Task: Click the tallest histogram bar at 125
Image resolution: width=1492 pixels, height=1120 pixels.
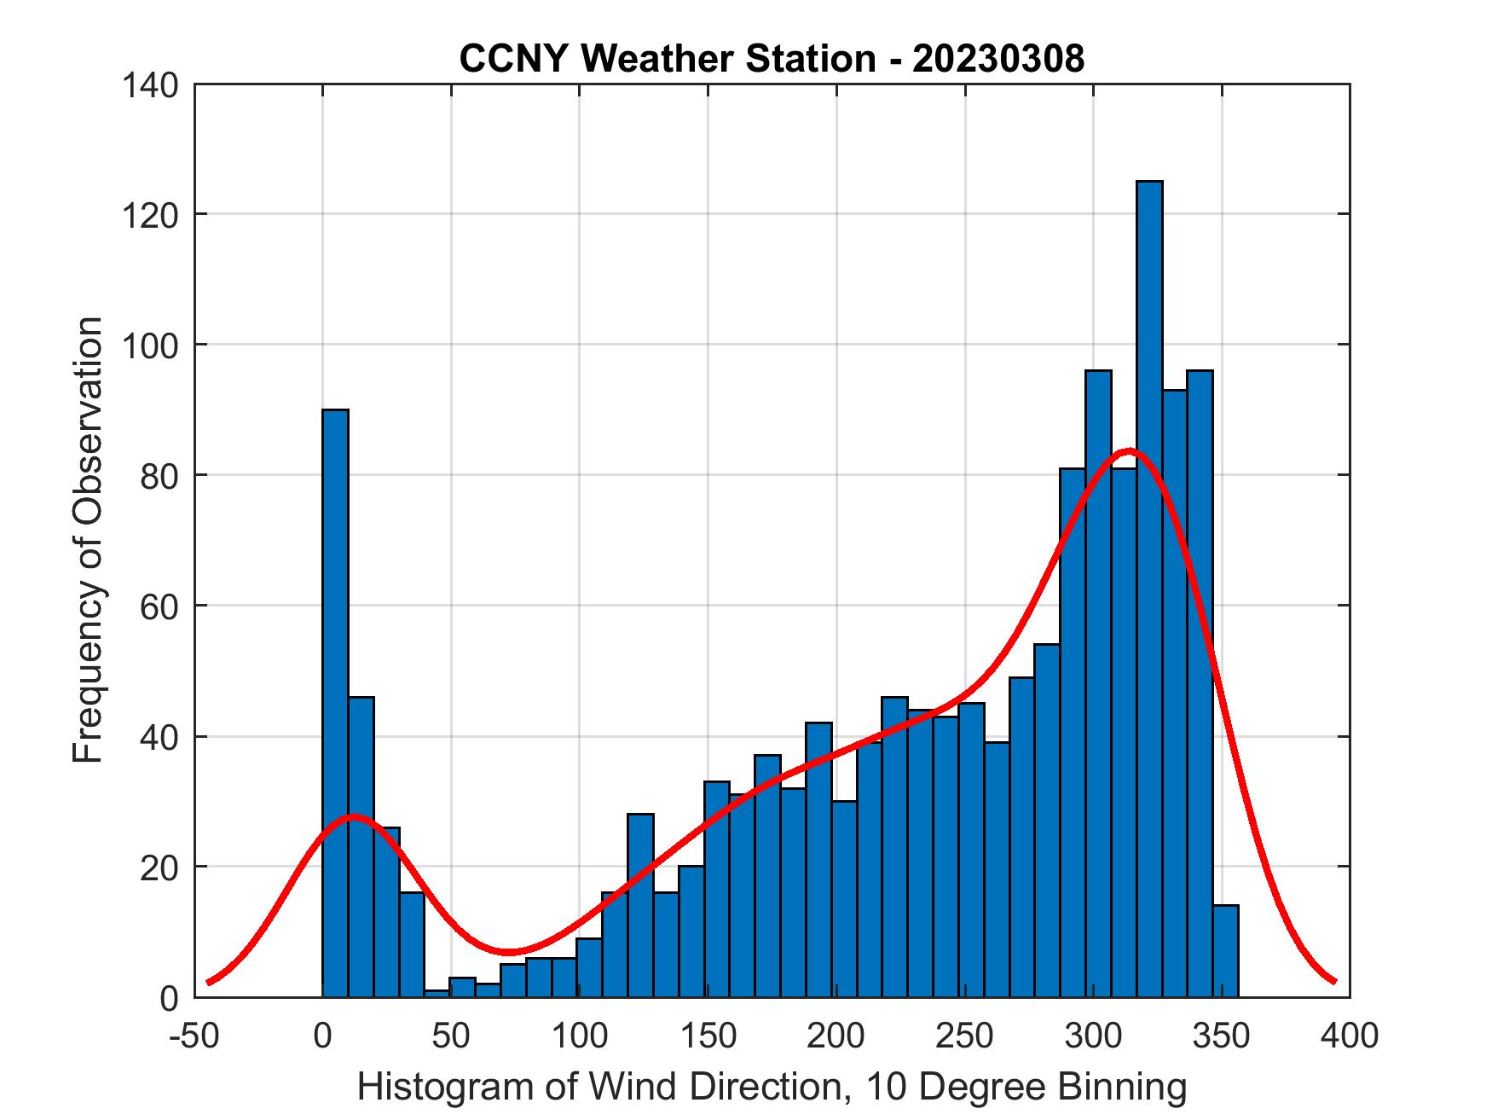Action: pyautogui.click(x=1149, y=589)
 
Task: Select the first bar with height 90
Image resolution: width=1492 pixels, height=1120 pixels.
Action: pyautogui.click(x=335, y=703)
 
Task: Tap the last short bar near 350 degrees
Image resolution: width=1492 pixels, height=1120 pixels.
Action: pyautogui.click(x=1225, y=951)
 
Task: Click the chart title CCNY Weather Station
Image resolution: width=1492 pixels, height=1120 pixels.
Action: pyautogui.click(x=666, y=59)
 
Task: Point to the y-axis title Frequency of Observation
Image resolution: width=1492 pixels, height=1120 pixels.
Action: pyautogui.click(x=88, y=540)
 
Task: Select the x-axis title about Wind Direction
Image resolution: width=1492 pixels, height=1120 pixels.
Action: pyautogui.click(x=772, y=1087)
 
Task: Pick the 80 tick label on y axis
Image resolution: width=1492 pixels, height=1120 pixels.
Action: pyautogui.click(x=159, y=475)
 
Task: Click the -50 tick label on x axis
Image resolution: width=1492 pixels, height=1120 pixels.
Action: pyautogui.click(x=194, y=1036)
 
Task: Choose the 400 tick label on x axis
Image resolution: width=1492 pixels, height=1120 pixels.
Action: pyautogui.click(x=1350, y=1036)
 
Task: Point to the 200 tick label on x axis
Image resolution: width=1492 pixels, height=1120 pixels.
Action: pyautogui.click(x=836, y=1036)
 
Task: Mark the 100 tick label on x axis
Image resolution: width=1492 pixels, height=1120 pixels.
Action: pyautogui.click(x=579, y=1036)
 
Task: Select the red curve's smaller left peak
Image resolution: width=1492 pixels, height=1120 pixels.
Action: pyautogui.click(x=354, y=816)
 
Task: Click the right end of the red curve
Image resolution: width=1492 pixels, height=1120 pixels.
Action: pyautogui.click(x=1334, y=982)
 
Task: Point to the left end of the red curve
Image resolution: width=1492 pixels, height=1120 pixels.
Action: pyautogui.click(x=208, y=982)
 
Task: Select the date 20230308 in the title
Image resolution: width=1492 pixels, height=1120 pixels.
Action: pyautogui.click(x=998, y=59)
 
